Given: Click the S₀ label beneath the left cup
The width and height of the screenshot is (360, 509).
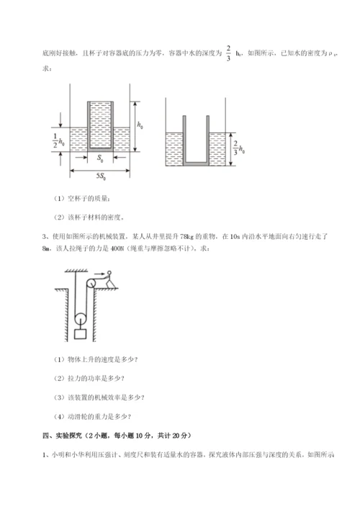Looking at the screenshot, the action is tap(101, 157).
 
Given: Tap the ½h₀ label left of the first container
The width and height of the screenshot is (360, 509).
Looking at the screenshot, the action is tap(60, 138).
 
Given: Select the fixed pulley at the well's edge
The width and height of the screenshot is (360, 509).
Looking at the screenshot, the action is tap(84, 286).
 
